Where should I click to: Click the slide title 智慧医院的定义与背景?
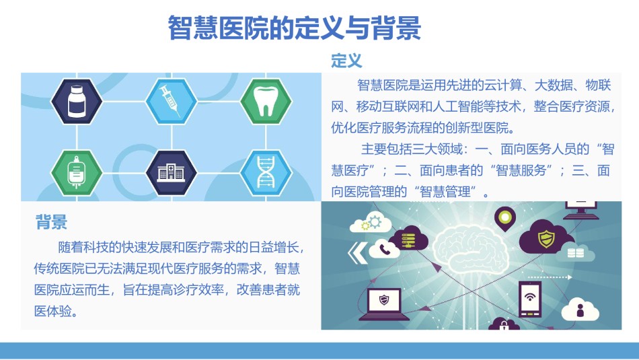click(x=294, y=28)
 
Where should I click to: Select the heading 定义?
click(x=346, y=61)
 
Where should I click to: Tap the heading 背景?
click(x=51, y=222)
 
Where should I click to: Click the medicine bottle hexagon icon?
click(x=77, y=101)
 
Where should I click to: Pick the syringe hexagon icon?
click(x=171, y=101)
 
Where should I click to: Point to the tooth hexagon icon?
click(x=266, y=101)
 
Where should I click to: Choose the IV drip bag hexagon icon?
click(x=77, y=172)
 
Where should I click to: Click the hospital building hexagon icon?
click(x=171, y=172)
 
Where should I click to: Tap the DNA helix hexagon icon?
click(x=266, y=172)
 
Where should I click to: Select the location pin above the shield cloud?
click(x=505, y=219)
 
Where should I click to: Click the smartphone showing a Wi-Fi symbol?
click(x=530, y=299)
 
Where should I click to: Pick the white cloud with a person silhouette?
click(x=580, y=310)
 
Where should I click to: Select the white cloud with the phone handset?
click(x=384, y=249)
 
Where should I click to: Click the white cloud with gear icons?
click(x=371, y=223)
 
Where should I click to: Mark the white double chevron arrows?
click(x=357, y=253)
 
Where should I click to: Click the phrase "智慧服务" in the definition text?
click(x=521, y=170)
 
